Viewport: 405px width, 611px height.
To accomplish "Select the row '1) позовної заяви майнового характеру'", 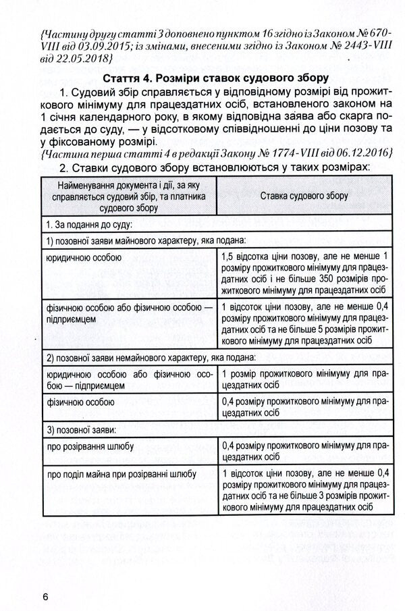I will pyautogui.click(x=144, y=240).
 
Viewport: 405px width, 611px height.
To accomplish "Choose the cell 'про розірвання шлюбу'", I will pyautogui.click(x=90, y=446).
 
